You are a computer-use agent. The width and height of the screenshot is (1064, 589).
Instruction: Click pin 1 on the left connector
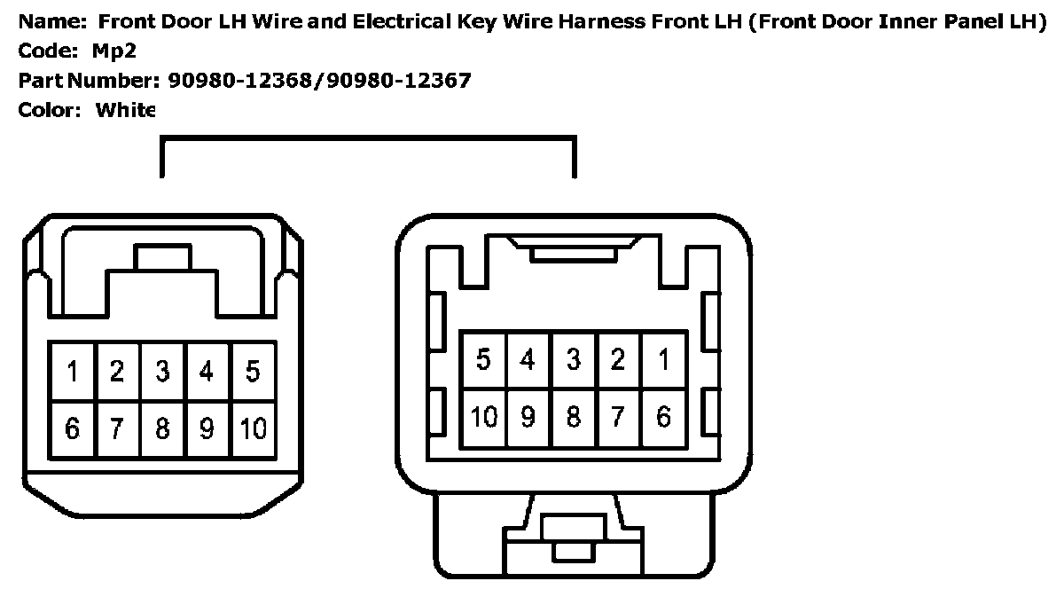(x=73, y=371)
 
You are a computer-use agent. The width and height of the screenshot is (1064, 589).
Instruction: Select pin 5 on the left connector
(x=253, y=371)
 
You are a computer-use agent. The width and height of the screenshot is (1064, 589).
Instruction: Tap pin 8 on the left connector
(x=162, y=429)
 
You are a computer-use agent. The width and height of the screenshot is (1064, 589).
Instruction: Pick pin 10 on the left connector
(x=253, y=429)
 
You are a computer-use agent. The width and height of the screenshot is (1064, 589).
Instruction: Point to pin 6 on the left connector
(x=73, y=429)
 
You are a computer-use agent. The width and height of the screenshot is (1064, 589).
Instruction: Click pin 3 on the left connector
(x=162, y=371)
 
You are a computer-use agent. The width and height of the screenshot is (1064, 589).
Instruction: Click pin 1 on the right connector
(x=663, y=360)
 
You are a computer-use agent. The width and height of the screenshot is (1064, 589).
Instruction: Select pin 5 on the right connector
(x=483, y=360)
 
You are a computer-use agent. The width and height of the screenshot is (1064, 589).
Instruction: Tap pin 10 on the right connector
(x=483, y=417)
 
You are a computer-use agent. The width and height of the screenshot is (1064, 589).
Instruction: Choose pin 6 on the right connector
(x=663, y=417)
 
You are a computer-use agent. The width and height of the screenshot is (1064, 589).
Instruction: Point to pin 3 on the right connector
(x=574, y=360)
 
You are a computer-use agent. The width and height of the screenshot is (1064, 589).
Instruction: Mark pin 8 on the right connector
(x=574, y=417)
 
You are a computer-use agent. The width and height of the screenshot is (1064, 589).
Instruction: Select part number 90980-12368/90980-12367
(x=319, y=81)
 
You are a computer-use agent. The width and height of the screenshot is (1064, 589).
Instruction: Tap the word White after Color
(x=125, y=110)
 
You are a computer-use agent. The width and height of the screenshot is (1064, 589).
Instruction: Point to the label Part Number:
(x=85, y=81)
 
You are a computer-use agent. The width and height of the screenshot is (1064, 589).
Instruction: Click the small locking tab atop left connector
(x=161, y=257)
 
